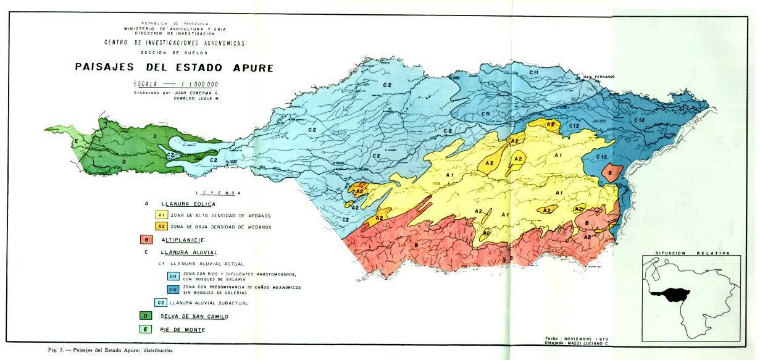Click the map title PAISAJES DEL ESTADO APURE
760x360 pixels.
(x=174, y=67)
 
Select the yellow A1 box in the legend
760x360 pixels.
(x=161, y=216)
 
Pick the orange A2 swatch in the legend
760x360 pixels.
(x=161, y=227)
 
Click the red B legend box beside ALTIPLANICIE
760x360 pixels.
(x=147, y=240)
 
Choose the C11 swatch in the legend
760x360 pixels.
(x=174, y=276)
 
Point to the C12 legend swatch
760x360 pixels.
(x=174, y=290)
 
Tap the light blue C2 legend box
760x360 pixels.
(x=161, y=303)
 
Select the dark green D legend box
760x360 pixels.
(x=147, y=316)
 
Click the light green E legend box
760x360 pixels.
(x=147, y=330)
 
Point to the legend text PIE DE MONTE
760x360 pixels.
(x=183, y=330)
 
